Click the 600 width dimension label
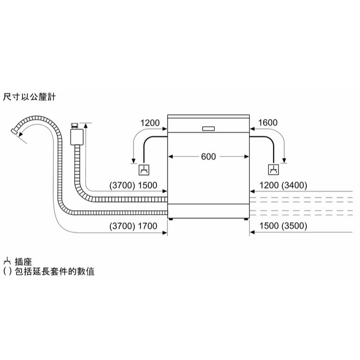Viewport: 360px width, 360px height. pos(209,156)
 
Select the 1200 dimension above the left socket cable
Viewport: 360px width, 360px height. pos(150,123)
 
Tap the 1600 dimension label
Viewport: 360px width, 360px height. pos(268,123)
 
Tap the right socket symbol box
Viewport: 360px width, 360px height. pos(273,170)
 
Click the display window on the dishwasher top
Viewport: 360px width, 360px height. pos(209,129)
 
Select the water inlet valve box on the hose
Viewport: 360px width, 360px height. pos(76,137)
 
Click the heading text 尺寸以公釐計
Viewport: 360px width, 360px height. pos(29,97)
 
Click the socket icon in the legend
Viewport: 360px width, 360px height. pos(6,262)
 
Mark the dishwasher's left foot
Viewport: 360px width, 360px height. pos(170,219)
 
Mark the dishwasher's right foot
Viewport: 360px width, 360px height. pos(246,219)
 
